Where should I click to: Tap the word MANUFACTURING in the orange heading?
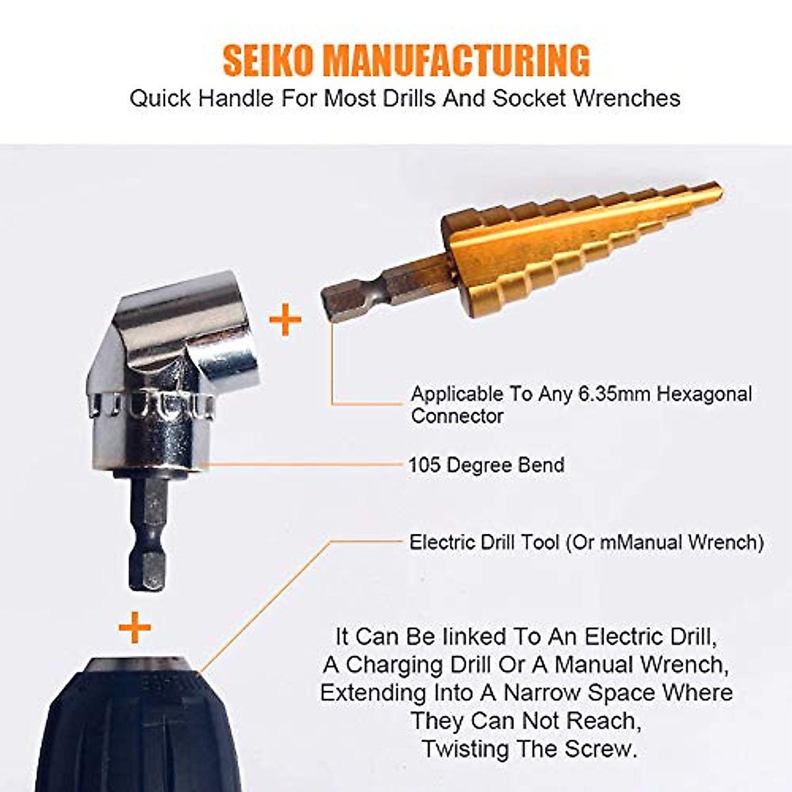click(455, 60)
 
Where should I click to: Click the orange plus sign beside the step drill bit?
click(285, 319)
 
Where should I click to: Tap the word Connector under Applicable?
click(457, 416)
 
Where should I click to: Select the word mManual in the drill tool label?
click(641, 543)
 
